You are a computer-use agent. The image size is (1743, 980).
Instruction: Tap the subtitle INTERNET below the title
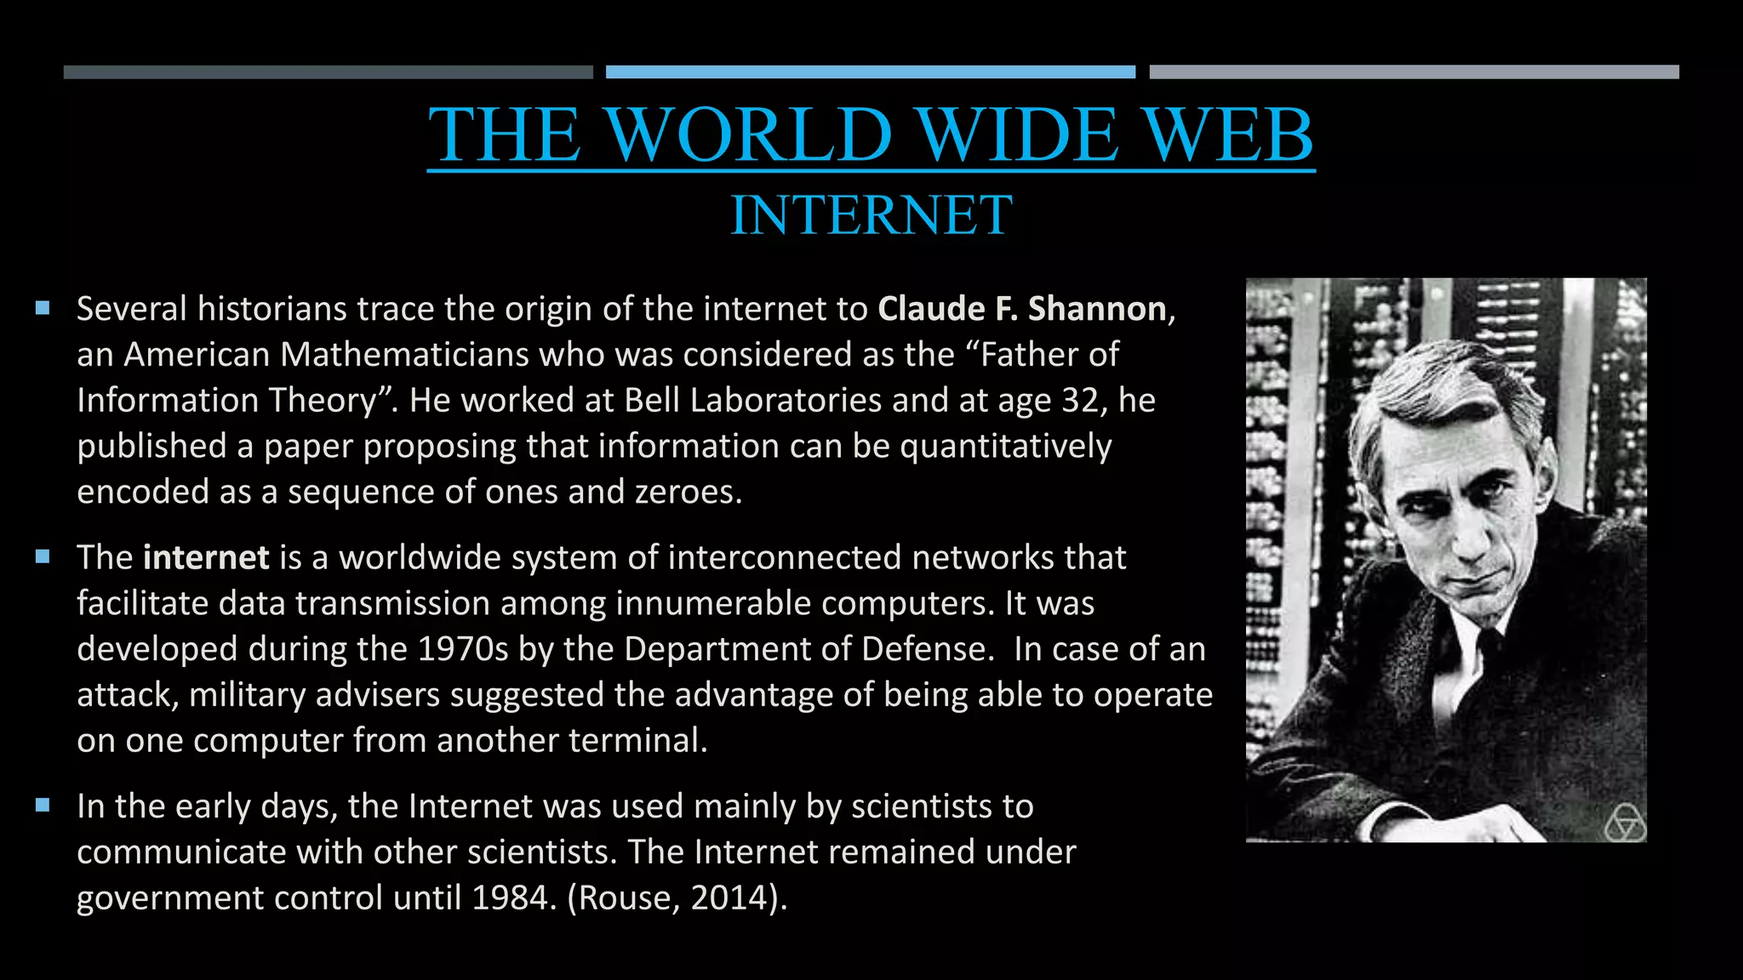871,214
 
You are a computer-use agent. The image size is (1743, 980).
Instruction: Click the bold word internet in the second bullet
206,557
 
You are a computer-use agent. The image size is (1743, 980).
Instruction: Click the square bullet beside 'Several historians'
43,308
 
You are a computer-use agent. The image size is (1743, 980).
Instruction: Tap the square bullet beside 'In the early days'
43,806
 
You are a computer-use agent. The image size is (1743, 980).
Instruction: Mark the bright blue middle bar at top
870,72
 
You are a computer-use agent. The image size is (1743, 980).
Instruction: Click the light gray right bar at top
1414,72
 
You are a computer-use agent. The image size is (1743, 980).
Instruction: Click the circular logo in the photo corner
1624,823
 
